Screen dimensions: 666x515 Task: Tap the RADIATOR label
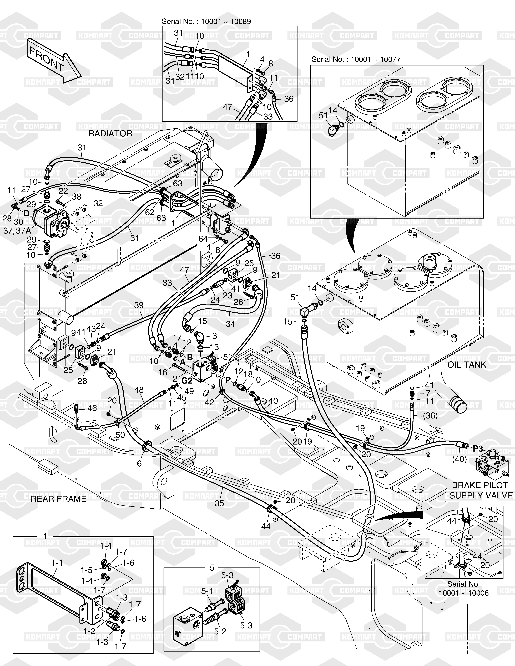110,134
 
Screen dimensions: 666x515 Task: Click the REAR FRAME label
59,499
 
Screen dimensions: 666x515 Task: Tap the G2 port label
187,381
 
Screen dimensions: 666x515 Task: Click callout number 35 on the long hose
219,503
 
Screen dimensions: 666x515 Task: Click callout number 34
230,324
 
